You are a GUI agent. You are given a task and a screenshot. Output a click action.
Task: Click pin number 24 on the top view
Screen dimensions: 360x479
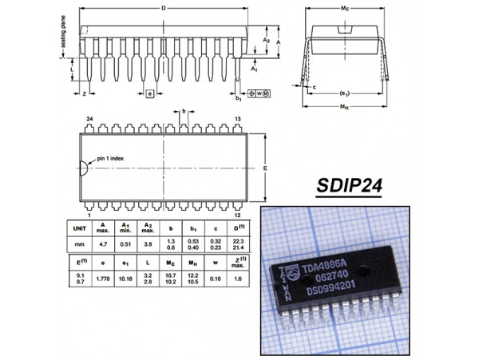(x=89, y=118)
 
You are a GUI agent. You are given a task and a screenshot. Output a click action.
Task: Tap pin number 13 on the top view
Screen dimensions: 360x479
(x=237, y=118)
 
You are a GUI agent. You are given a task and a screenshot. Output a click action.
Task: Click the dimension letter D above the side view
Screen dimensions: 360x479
(x=164, y=8)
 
